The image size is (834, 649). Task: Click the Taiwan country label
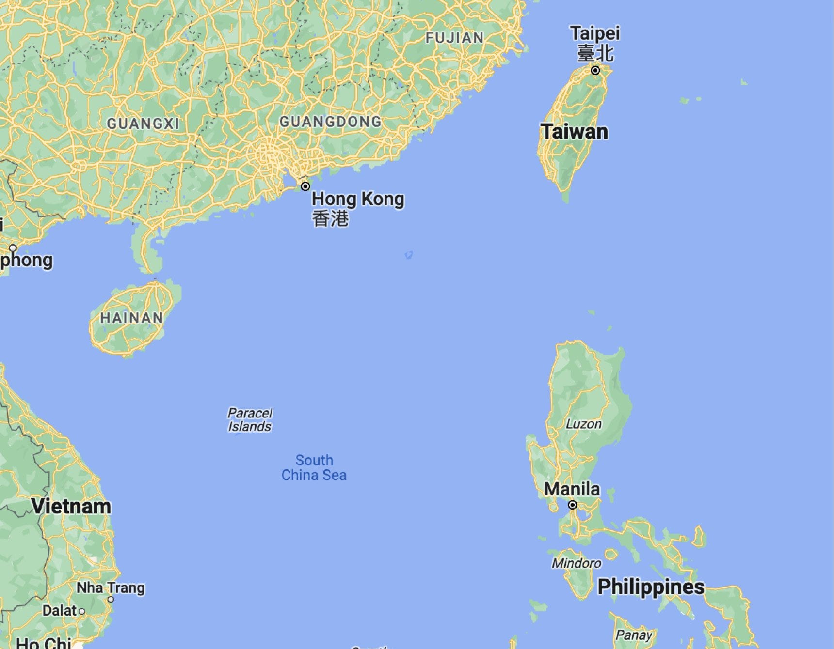pos(574,132)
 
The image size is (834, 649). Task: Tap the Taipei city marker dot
pos(595,70)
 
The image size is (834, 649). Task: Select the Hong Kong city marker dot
pos(305,186)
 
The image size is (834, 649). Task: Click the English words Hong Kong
pos(358,199)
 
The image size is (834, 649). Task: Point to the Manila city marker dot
pos(573,505)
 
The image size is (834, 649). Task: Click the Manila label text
pos(572,489)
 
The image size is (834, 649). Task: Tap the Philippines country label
pos(651,587)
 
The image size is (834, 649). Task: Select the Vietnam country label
pos(71,507)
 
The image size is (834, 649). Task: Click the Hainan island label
pos(131,318)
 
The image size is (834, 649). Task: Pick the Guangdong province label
pos(331,122)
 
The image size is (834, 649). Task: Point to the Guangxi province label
pos(143,124)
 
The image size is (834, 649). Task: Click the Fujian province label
pos(454,38)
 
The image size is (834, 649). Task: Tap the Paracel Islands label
pos(250,420)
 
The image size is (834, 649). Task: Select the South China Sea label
pos(314,467)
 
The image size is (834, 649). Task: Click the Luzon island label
pos(583,424)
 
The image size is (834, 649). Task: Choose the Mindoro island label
pos(577,563)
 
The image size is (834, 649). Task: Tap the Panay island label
pos(633,634)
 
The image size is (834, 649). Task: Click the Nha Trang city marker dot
pos(111,599)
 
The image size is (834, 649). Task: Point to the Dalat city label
pos(60,610)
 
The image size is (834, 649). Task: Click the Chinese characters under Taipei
pos(595,53)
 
